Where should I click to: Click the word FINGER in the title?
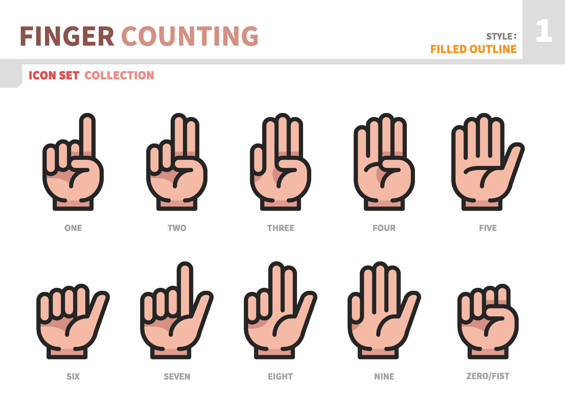pos(67,36)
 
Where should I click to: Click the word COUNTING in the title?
pos(190,36)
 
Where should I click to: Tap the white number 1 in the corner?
pos(544,31)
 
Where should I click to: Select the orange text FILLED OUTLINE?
pos(473,49)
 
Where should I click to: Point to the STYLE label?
pos(501,36)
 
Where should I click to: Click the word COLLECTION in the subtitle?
pos(119,76)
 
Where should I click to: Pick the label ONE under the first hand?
pos(73,228)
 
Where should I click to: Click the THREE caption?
pos(280,228)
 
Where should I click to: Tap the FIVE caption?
pos(488,228)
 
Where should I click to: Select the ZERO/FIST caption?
pos(488,376)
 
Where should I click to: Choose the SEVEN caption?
pos(177,377)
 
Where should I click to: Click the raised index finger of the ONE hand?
pos(87,135)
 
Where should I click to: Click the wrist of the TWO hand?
pos(177,204)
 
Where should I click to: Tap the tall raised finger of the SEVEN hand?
pos(185,288)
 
